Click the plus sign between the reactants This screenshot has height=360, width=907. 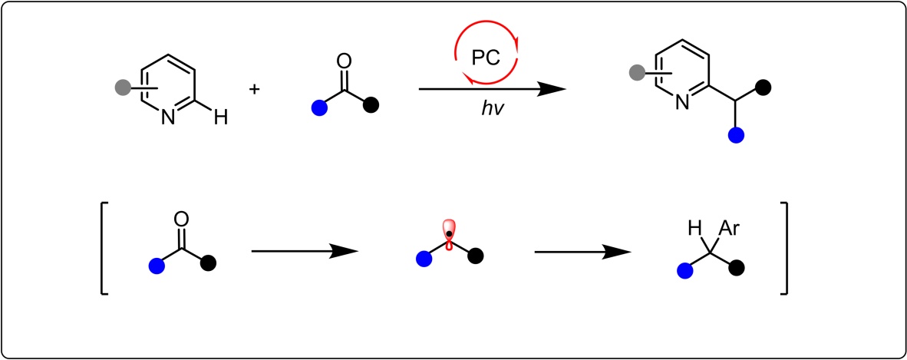(x=254, y=89)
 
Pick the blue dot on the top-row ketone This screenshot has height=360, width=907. (x=318, y=110)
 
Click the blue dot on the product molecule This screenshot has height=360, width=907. (x=736, y=135)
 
